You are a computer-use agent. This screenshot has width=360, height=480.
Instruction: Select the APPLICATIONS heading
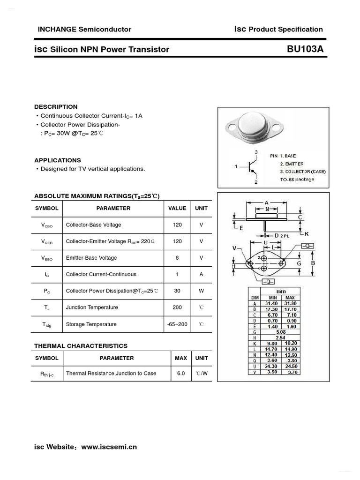pyautogui.click(x=58, y=160)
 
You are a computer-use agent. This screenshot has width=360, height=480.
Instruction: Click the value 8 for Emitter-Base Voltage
pyautogui.click(x=177, y=258)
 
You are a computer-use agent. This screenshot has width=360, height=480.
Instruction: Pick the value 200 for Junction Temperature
pyautogui.click(x=177, y=307)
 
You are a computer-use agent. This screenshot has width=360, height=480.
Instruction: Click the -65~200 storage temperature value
pyautogui.click(x=177, y=324)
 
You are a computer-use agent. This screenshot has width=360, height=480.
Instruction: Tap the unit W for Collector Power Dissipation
pyautogui.click(x=202, y=291)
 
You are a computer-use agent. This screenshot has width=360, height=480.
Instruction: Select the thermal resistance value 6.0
pyautogui.click(x=180, y=374)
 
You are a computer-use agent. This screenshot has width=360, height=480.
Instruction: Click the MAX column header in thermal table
pyautogui.click(x=180, y=358)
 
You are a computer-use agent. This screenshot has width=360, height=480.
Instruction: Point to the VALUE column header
pyautogui.click(x=177, y=208)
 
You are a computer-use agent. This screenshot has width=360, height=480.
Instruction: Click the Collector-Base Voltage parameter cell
pyautogui.click(x=93, y=225)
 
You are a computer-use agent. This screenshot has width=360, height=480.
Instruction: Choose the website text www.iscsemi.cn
pyautogui.click(x=109, y=447)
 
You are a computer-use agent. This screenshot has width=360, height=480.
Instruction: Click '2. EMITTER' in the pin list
pyautogui.click(x=292, y=164)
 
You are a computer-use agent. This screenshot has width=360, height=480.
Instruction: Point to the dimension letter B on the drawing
pyautogui.click(x=313, y=263)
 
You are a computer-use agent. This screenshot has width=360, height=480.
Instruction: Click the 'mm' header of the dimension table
pyautogui.click(x=280, y=292)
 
